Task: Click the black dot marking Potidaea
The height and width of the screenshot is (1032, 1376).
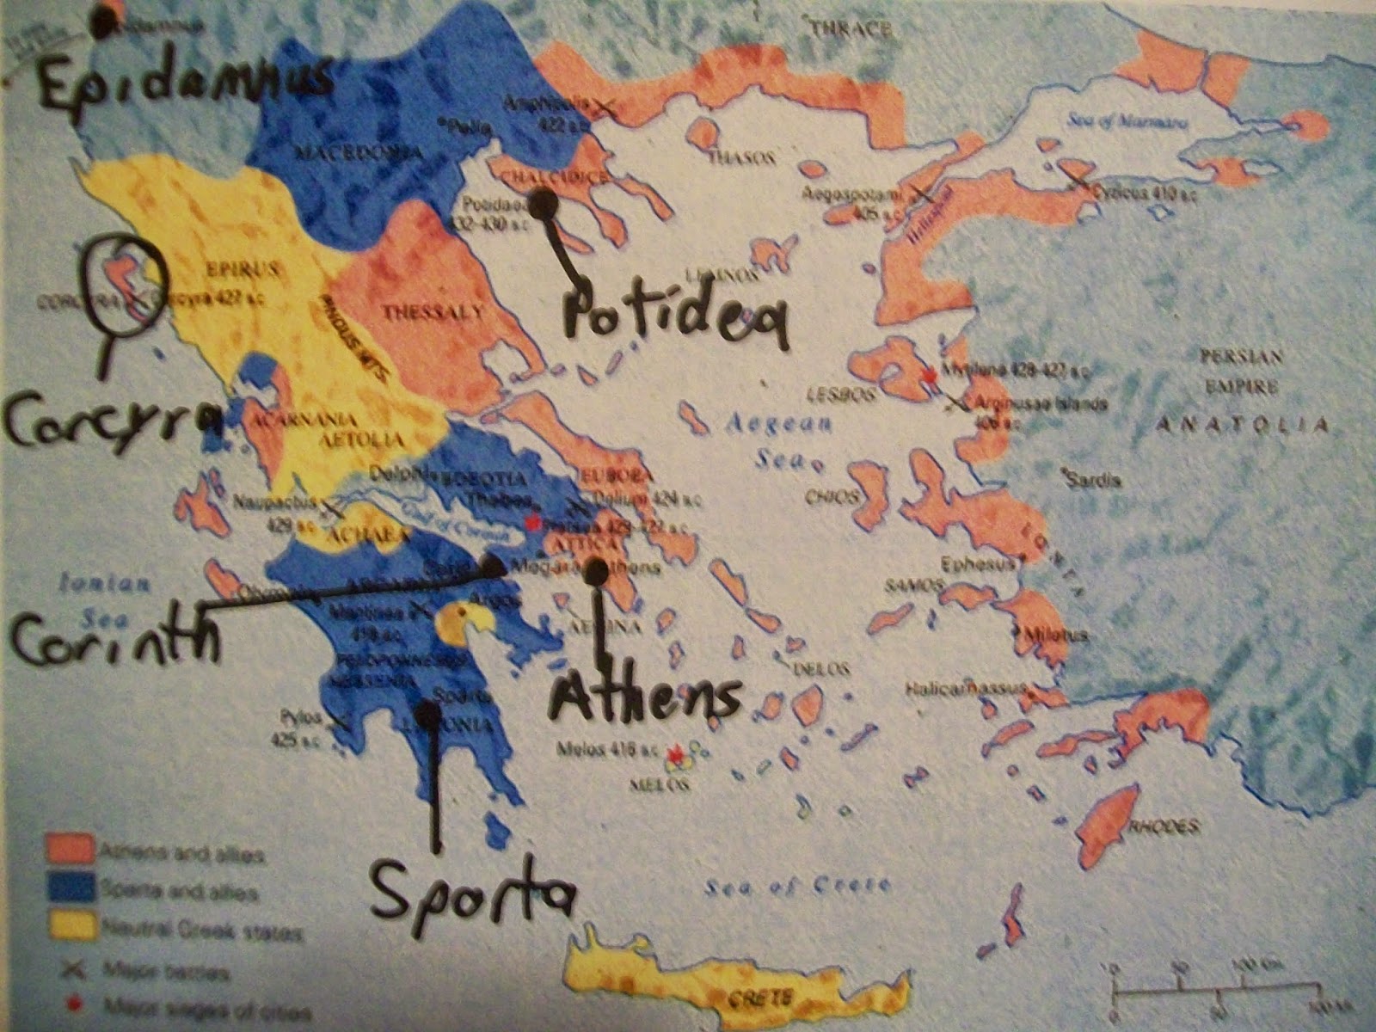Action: point(543,204)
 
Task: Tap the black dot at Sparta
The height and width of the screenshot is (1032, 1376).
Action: point(427,713)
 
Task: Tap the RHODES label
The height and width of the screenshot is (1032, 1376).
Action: point(1163,826)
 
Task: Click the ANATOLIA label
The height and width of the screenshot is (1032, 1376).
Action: point(1243,423)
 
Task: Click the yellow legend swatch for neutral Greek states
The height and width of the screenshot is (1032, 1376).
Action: point(68,928)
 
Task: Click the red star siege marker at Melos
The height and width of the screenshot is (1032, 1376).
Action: point(676,754)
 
